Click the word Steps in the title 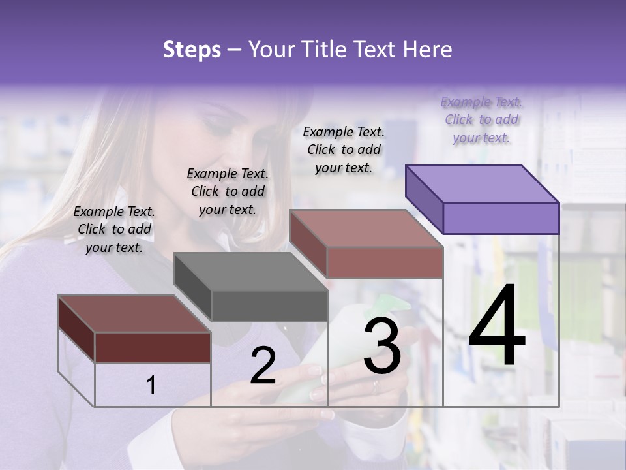pyautogui.click(x=191, y=50)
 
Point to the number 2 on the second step pyautogui.click(x=263, y=366)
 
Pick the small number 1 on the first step pyautogui.click(x=151, y=386)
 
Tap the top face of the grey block pyautogui.click(x=251, y=272)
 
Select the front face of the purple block pyautogui.click(x=501, y=218)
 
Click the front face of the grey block pyautogui.click(x=269, y=305)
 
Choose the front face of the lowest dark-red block pyautogui.click(x=153, y=347)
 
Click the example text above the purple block pyautogui.click(x=481, y=119)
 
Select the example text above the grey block pyautogui.click(x=228, y=191)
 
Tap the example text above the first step pyautogui.click(x=114, y=229)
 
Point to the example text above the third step pyautogui.click(x=344, y=149)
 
